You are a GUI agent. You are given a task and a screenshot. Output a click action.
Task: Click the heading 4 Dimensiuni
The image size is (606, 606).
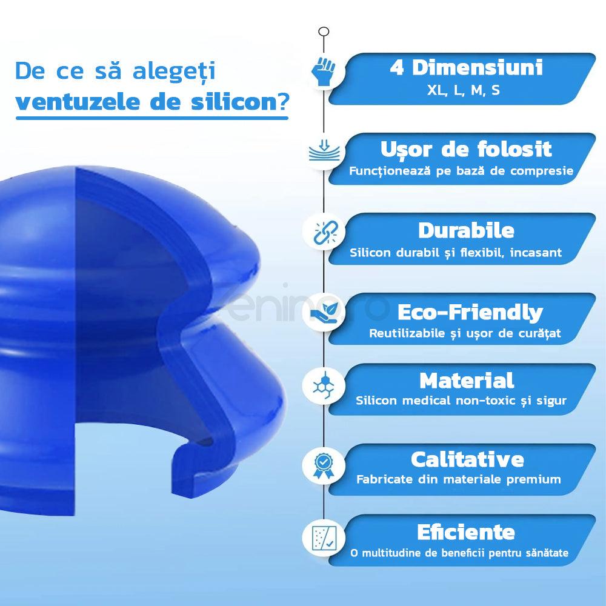465,68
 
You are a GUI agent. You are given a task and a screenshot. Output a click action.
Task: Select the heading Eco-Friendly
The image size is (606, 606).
470,313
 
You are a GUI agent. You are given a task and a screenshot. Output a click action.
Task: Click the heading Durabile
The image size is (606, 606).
466,231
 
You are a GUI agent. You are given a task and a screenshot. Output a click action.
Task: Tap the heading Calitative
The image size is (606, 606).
467,459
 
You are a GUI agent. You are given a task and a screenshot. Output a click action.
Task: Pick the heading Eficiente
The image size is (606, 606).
466,533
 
